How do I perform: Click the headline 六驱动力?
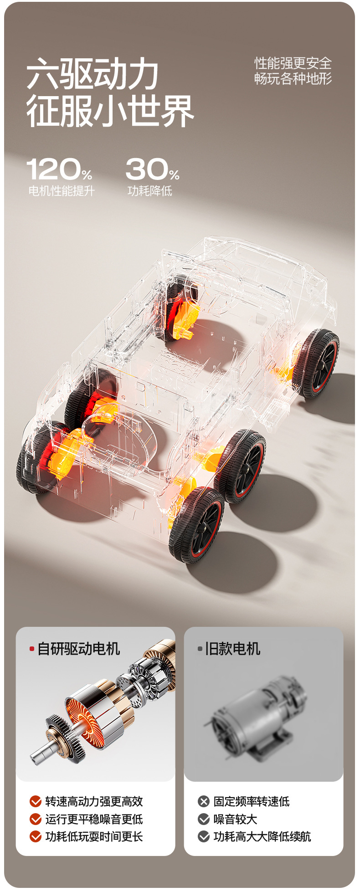point(92,74)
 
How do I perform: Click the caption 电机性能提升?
point(62,191)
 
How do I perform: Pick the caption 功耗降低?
point(150,191)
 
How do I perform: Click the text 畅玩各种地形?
point(293,78)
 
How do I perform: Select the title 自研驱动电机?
point(79,649)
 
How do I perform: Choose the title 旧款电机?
point(232,649)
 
